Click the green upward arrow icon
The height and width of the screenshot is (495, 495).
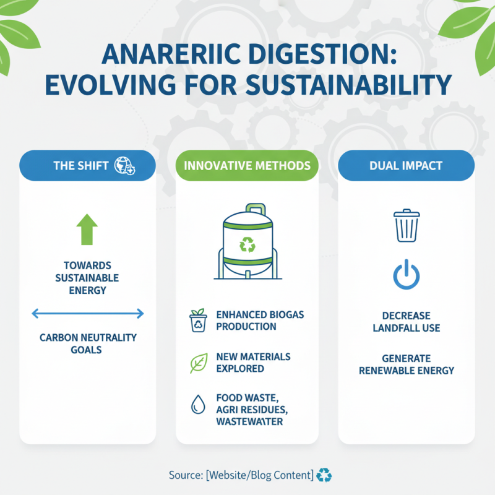[87, 230]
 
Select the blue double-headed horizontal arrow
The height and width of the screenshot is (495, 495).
[87, 314]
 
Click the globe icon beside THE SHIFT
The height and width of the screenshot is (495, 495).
[126, 166]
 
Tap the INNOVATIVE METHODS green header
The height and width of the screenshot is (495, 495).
[247, 166]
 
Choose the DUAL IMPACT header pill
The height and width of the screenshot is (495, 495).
[407, 166]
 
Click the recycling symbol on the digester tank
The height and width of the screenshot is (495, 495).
[247, 245]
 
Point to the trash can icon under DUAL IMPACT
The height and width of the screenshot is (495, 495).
[407, 225]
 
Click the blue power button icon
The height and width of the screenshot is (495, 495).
[407, 275]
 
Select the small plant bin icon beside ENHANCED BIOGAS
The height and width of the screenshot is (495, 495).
[198, 321]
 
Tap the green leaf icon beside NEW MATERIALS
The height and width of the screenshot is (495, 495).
[198, 363]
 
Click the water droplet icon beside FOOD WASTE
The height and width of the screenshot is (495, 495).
[198, 405]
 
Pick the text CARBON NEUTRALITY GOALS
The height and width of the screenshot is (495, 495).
[87, 343]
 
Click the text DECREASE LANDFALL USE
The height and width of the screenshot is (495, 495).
[407, 321]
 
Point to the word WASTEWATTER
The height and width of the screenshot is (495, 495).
[249, 421]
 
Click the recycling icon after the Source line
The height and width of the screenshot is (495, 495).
[324, 475]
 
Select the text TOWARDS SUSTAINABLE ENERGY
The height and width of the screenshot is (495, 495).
[87, 278]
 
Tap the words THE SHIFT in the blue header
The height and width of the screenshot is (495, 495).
[81, 166]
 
